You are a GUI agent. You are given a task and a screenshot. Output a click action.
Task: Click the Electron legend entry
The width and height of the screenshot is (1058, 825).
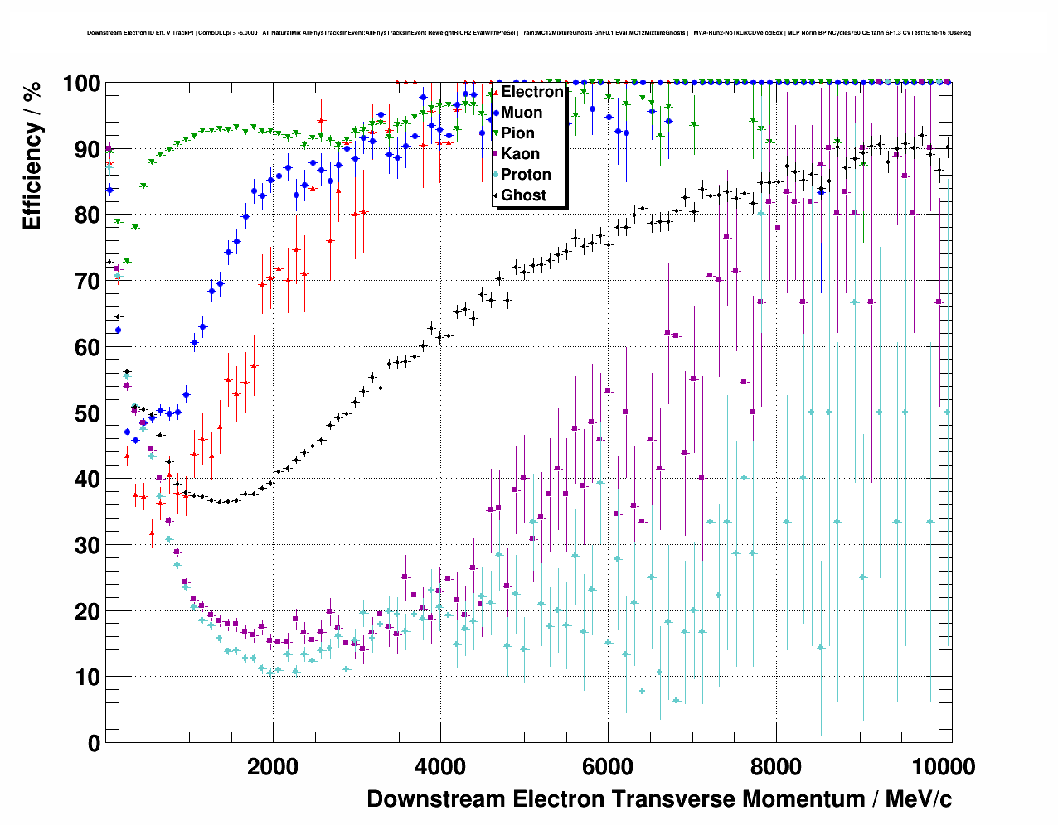(x=531, y=92)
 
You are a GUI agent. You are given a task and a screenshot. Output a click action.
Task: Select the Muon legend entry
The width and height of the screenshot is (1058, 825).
(x=522, y=113)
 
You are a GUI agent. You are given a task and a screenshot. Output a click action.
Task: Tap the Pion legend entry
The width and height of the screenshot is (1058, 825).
(x=517, y=133)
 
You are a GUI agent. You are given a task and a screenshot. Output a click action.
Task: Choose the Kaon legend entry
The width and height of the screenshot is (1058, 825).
(x=520, y=154)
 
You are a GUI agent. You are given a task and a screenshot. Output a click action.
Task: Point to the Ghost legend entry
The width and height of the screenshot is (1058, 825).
(x=523, y=195)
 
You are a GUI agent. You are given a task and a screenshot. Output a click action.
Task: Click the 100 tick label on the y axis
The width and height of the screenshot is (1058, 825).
(x=81, y=84)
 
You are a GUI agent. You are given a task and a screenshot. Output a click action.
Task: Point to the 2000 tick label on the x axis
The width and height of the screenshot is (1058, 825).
(x=273, y=767)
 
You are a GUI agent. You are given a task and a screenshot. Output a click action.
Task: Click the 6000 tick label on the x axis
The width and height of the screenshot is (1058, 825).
(x=608, y=767)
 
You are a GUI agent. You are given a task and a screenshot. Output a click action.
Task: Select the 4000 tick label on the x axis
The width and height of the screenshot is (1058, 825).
(x=440, y=767)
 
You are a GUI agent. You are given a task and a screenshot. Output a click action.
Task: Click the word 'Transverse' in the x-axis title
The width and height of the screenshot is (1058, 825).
(x=672, y=799)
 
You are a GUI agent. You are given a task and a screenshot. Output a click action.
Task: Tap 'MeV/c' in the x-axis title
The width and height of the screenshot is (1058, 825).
(x=918, y=799)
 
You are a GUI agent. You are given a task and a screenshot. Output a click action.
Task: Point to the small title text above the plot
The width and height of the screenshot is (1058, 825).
(x=528, y=33)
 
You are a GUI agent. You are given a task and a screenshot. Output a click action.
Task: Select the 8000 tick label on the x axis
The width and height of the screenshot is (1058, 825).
(x=775, y=767)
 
